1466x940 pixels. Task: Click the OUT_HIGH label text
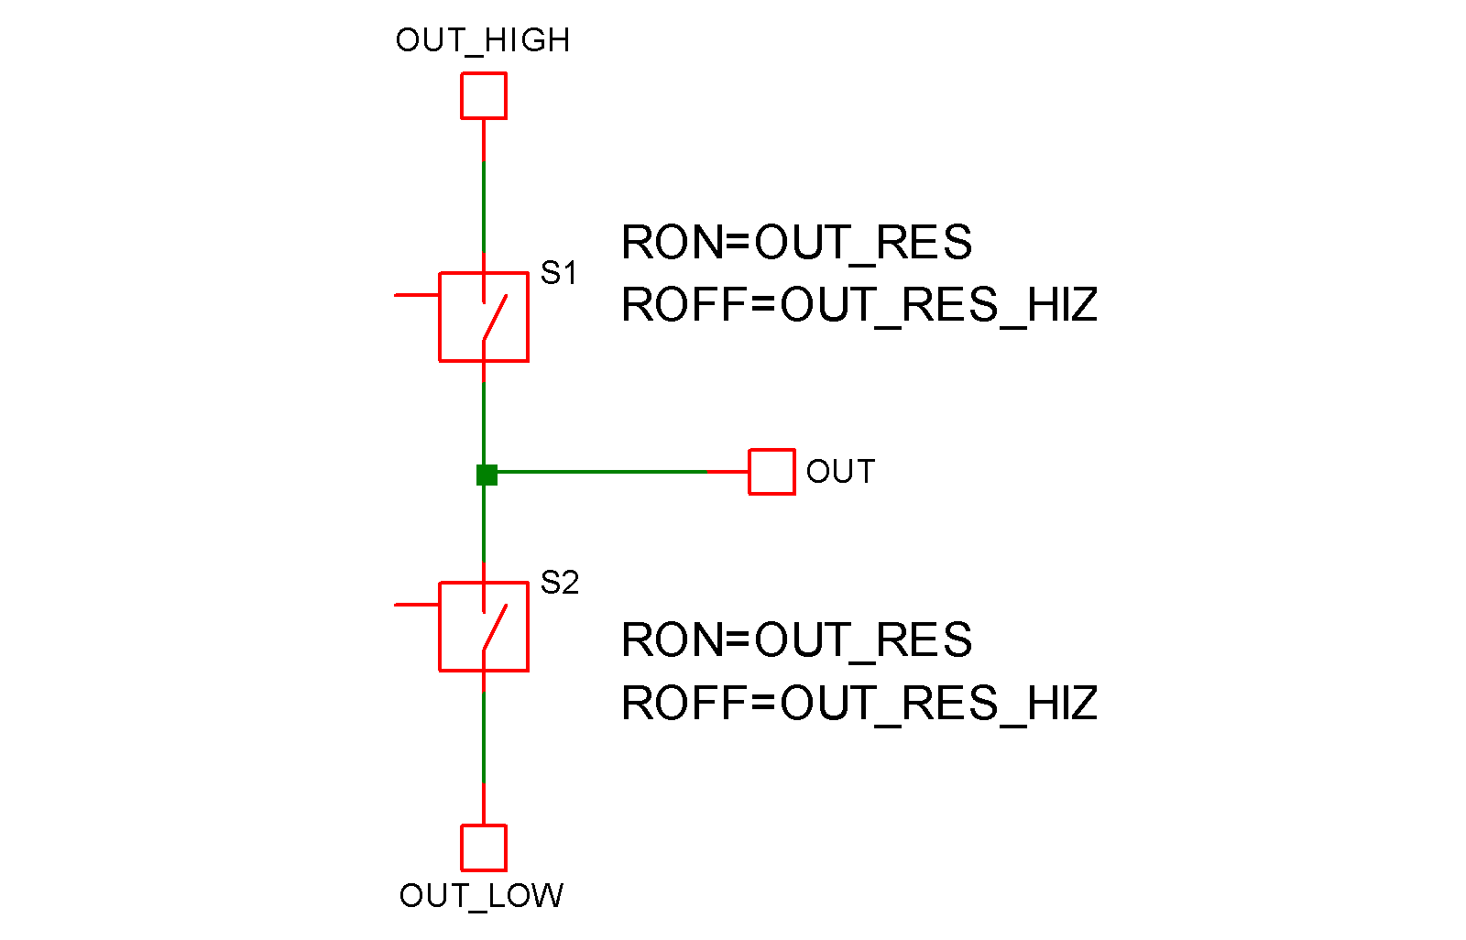tap(483, 40)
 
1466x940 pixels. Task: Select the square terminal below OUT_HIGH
tap(484, 96)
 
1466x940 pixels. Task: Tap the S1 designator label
tap(559, 272)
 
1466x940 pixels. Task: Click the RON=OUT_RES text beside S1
tap(796, 243)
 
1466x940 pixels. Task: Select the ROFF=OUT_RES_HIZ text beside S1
tap(859, 305)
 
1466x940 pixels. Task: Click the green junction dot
tap(487, 475)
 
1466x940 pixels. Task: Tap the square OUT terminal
tap(771, 472)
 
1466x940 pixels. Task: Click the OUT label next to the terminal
tap(840, 472)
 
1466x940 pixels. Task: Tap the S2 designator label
tap(560, 582)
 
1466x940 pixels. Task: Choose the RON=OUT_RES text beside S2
tap(796, 639)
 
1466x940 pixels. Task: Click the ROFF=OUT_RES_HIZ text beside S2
tap(859, 704)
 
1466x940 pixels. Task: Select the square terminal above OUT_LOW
tap(484, 847)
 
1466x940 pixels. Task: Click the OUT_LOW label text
tap(481, 895)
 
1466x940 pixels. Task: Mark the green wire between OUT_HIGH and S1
tap(484, 206)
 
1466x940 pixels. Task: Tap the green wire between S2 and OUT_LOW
tap(484, 738)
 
